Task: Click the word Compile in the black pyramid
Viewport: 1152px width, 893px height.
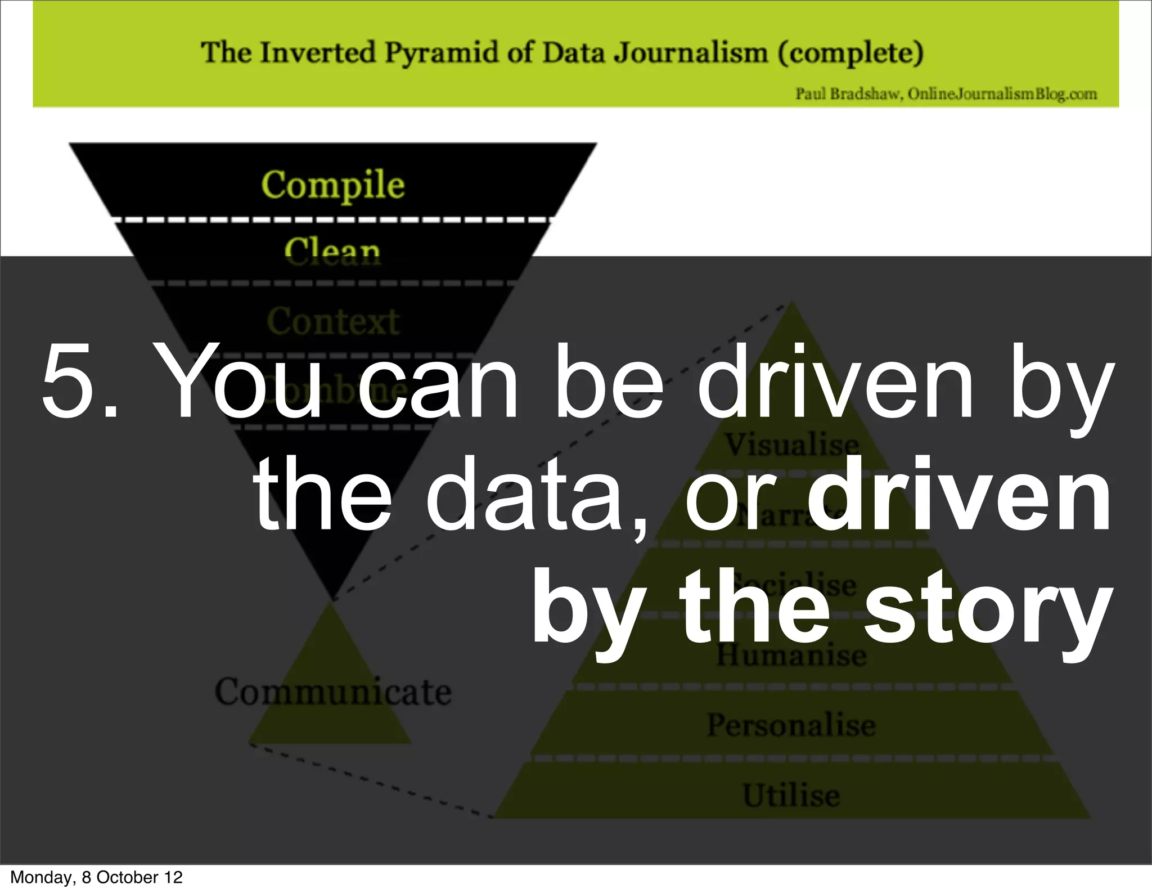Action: pyautogui.click(x=332, y=185)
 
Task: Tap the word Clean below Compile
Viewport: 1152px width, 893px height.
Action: pyautogui.click(x=332, y=251)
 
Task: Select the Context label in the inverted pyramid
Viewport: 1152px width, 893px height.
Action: pyautogui.click(x=332, y=321)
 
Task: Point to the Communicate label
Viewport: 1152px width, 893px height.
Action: pyautogui.click(x=332, y=692)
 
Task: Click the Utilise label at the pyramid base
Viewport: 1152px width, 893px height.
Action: pyautogui.click(x=791, y=795)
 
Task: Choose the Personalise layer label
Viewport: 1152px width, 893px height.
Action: pyautogui.click(x=791, y=725)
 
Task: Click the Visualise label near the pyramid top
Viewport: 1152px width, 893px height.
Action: pyautogui.click(x=791, y=445)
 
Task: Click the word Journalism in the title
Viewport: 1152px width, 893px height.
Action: pyautogui.click(x=690, y=53)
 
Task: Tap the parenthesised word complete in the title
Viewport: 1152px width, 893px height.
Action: pyautogui.click(x=850, y=53)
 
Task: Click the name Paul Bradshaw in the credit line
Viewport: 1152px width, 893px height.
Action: pyautogui.click(x=848, y=94)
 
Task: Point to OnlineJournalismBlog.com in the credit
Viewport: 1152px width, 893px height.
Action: pyautogui.click(x=1002, y=94)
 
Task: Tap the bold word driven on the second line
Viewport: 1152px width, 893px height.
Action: pyautogui.click(x=958, y=495)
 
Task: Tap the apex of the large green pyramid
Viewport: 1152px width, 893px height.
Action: pyautogui.click(x=791, y=304)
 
